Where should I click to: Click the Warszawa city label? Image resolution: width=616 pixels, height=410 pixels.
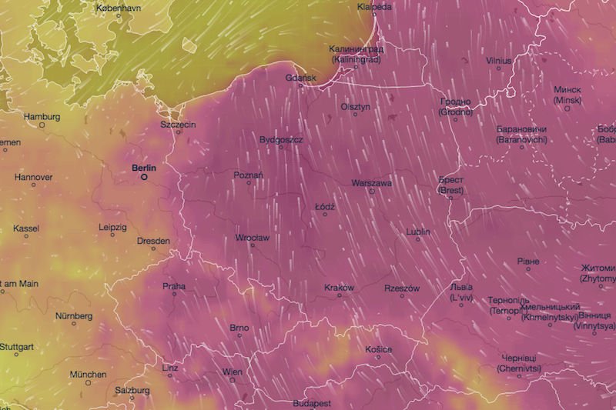point(371,183)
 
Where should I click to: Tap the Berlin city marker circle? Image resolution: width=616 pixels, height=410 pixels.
point(143,176)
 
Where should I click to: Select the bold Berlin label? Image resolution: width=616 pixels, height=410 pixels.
point(144,167)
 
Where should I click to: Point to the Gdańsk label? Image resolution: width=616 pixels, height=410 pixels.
point(300,78)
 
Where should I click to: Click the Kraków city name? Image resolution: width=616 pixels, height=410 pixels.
point(339,288)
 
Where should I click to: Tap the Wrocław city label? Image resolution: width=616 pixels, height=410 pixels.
point(252,238)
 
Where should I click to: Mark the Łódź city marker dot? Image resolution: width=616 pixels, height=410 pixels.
point(325,215)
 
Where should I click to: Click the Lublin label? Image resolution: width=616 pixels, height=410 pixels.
point(418,232)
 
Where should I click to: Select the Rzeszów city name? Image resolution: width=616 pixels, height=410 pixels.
point(401,288)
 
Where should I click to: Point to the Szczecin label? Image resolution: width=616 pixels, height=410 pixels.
point(178,124)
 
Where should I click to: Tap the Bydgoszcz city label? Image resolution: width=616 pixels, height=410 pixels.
point(281,139)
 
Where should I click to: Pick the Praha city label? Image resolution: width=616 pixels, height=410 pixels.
point(174,286)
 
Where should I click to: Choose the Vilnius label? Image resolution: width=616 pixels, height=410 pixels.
point(499,59)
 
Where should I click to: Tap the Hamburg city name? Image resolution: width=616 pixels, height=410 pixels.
point(42,117)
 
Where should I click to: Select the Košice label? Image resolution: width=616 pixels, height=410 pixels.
point(379,350)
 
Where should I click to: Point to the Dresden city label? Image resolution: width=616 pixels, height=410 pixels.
point(152,241)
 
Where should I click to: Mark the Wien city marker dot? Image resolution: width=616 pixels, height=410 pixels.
point(232,379)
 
